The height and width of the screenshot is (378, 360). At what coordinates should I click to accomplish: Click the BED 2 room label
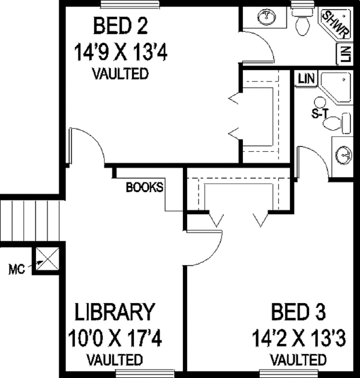[x=120, y=26]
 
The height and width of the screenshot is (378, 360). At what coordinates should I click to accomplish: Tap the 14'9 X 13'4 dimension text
[x=120, y=52]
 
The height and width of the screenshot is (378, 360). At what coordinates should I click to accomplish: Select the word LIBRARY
[x=115, y=313]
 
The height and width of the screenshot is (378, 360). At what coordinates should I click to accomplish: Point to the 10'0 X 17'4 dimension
[x=115, y=338]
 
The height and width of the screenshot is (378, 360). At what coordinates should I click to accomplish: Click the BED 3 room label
[x=298, y=313]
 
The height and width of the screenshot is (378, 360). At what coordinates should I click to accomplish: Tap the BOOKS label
[x=144, y=187]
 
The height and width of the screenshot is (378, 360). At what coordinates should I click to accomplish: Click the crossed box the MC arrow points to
[x=47, y=259]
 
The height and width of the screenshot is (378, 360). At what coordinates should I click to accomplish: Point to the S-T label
[x=319, y=113]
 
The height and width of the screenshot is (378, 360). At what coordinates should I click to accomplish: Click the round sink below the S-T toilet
[x=342, y=155]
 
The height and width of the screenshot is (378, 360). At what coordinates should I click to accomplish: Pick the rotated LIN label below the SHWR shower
[x=344, y=55]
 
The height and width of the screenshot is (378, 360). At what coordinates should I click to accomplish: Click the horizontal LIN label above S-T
[x=306, y=78]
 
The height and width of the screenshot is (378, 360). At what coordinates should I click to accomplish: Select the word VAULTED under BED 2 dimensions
[x=120, y=74]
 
